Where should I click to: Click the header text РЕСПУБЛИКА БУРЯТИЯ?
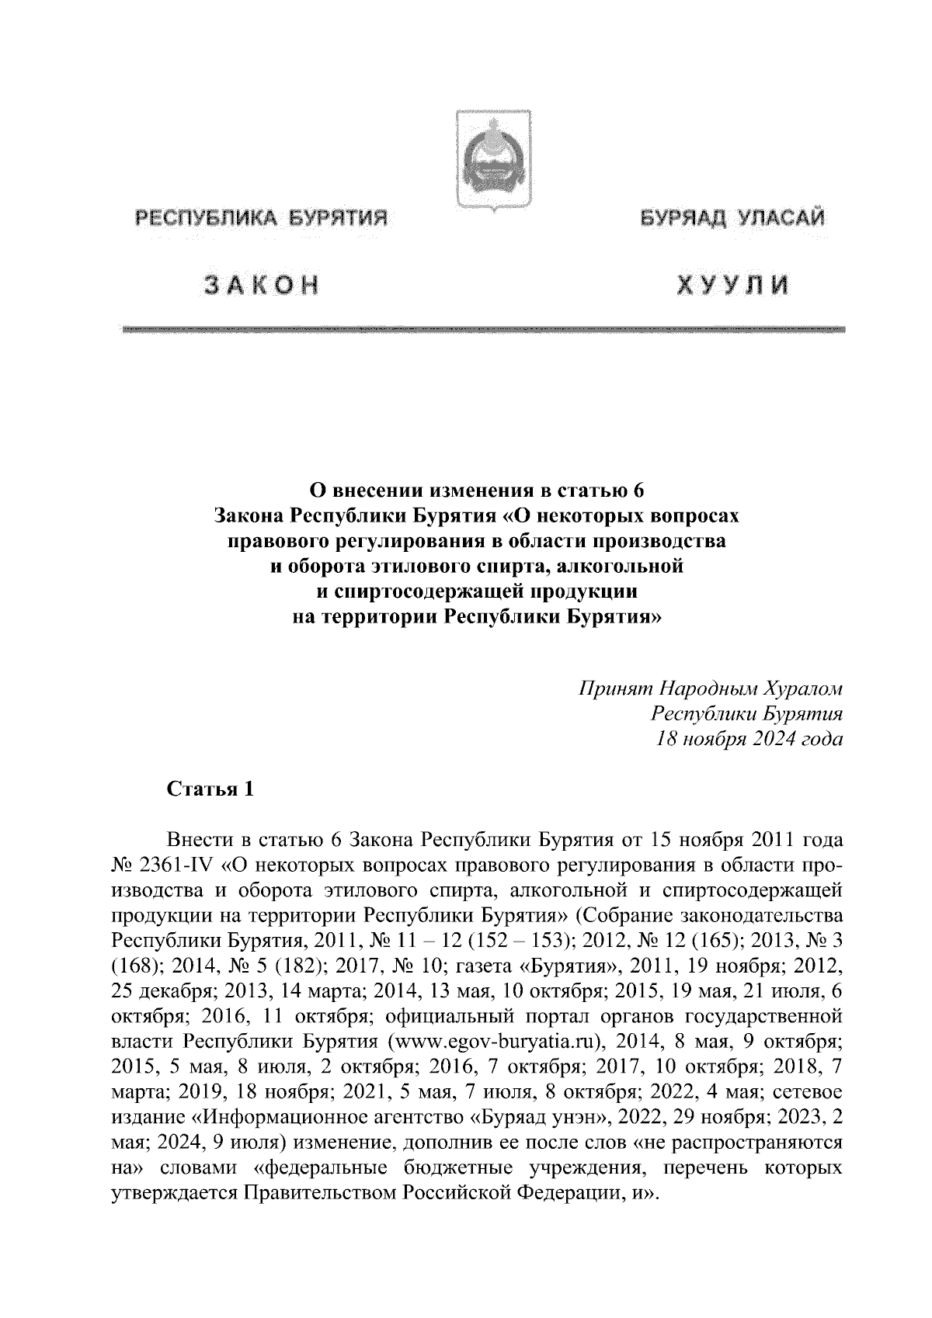(x=261, y=220)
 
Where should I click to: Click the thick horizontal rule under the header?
(x=482, y=331)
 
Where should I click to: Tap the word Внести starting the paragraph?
(x=201, y=841)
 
